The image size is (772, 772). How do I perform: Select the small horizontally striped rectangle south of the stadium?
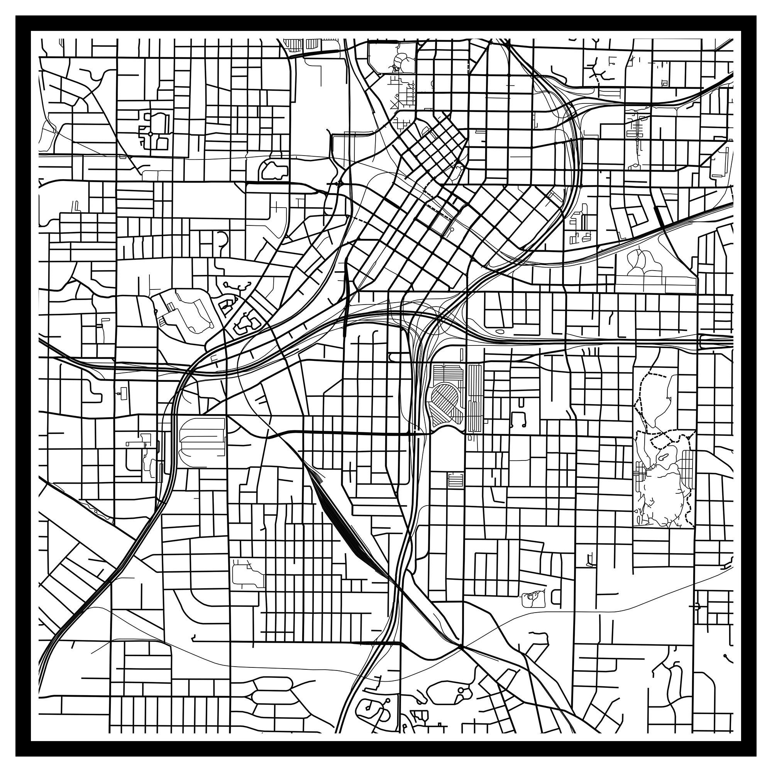tap(455, 479)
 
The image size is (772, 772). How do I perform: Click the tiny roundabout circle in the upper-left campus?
tap(150, 134)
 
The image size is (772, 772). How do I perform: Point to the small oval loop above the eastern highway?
tap(499, 332)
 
